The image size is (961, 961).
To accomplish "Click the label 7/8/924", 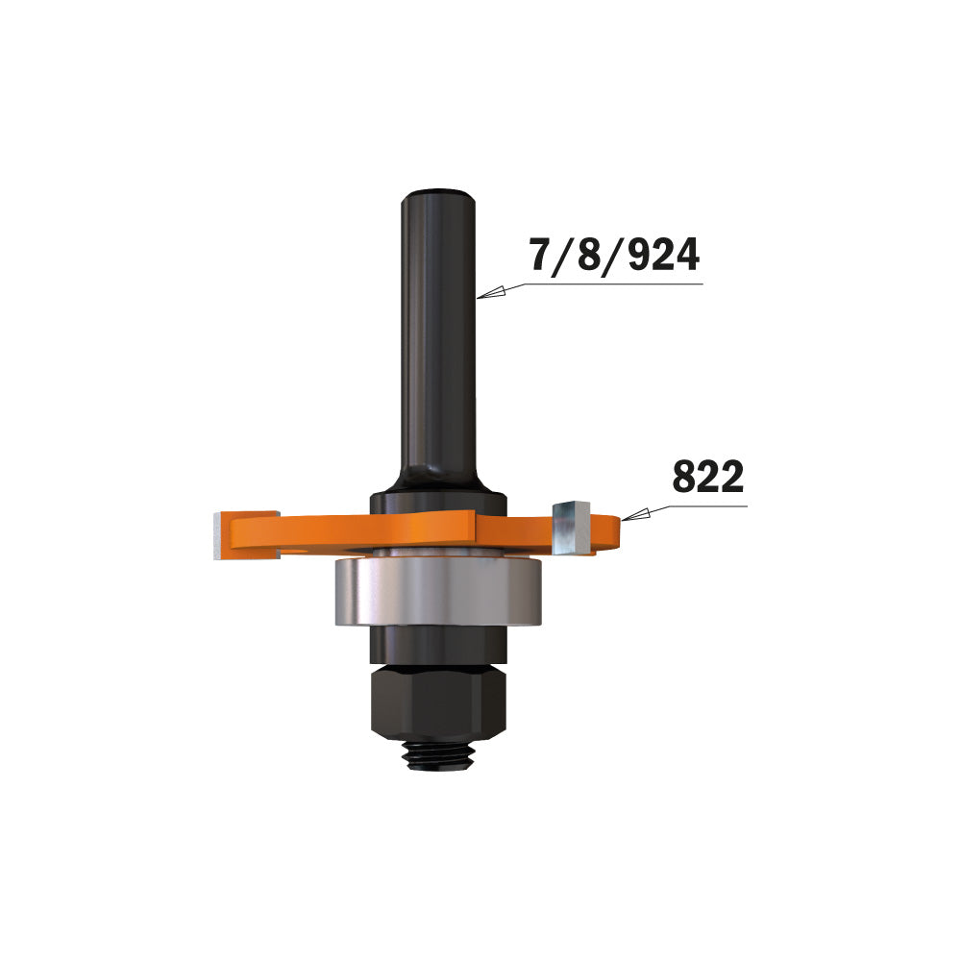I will [x=614, y=256].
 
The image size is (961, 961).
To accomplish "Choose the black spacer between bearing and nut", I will [x=437, y=650].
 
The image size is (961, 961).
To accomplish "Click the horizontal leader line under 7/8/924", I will [x=615, y=283].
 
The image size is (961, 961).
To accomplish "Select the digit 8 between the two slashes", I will [x=584, y=256].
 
